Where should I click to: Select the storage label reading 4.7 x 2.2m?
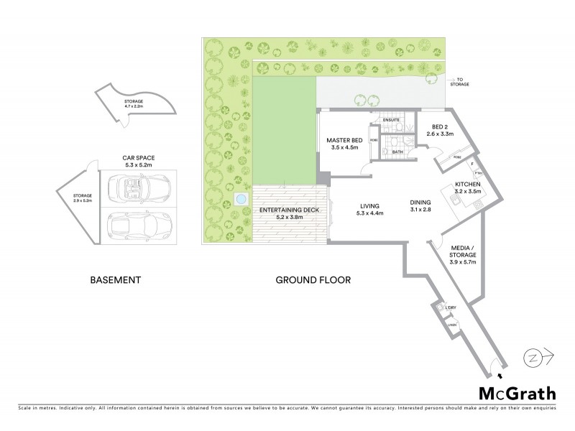click(134, 104)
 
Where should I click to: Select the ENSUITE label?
click(391, 119)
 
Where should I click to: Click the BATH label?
click(396, 152)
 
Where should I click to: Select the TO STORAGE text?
click(460, 82)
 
